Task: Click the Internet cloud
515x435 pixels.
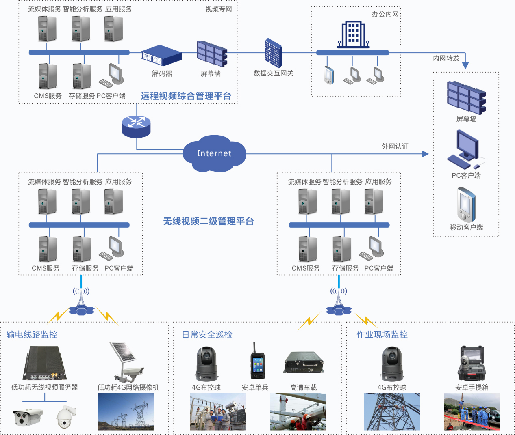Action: [x=214, y=153]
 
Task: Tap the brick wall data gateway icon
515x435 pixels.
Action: [x=273, y=53]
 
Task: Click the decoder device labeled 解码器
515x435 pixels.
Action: [x=161, y=55]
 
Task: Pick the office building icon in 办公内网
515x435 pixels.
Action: [x=353, y=35]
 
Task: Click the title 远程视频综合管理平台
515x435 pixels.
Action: [x=186, y=96]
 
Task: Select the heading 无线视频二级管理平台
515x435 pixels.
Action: [x=209, y=221]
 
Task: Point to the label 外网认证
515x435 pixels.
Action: [x=395, y=146]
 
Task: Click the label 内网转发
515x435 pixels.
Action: [x=446, y=58]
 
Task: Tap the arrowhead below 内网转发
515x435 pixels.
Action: [x=465, y=66]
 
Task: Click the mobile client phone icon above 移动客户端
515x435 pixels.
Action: [x=466, y=204]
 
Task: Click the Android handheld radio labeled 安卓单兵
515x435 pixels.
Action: [x=257, y=361]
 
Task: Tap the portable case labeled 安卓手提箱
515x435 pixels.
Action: [x=472, y=363]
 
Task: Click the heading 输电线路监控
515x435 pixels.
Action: [x=32, y=334]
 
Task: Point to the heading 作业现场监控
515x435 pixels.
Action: [x=382, y=334]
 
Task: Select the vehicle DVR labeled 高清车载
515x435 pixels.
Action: [x=304, y=362]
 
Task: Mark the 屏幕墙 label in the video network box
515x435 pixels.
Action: [x=211, y=74]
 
